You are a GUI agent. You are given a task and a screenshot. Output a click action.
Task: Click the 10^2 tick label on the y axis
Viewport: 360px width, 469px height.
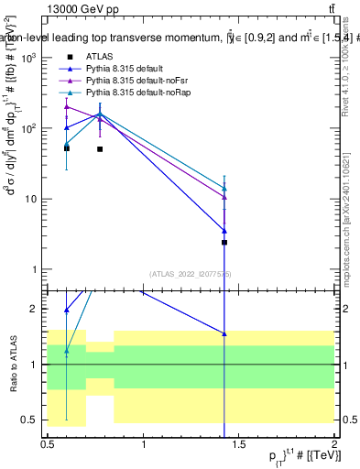[x=27, y=128]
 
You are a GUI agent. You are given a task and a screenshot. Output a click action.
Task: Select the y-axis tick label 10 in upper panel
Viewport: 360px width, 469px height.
[x=29, y=199]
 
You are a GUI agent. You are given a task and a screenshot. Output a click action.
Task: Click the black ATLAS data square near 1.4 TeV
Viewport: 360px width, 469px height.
[x=224, y=243]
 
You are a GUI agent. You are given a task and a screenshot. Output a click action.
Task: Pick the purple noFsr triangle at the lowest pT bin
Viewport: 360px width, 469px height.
[x=66, y=107]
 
